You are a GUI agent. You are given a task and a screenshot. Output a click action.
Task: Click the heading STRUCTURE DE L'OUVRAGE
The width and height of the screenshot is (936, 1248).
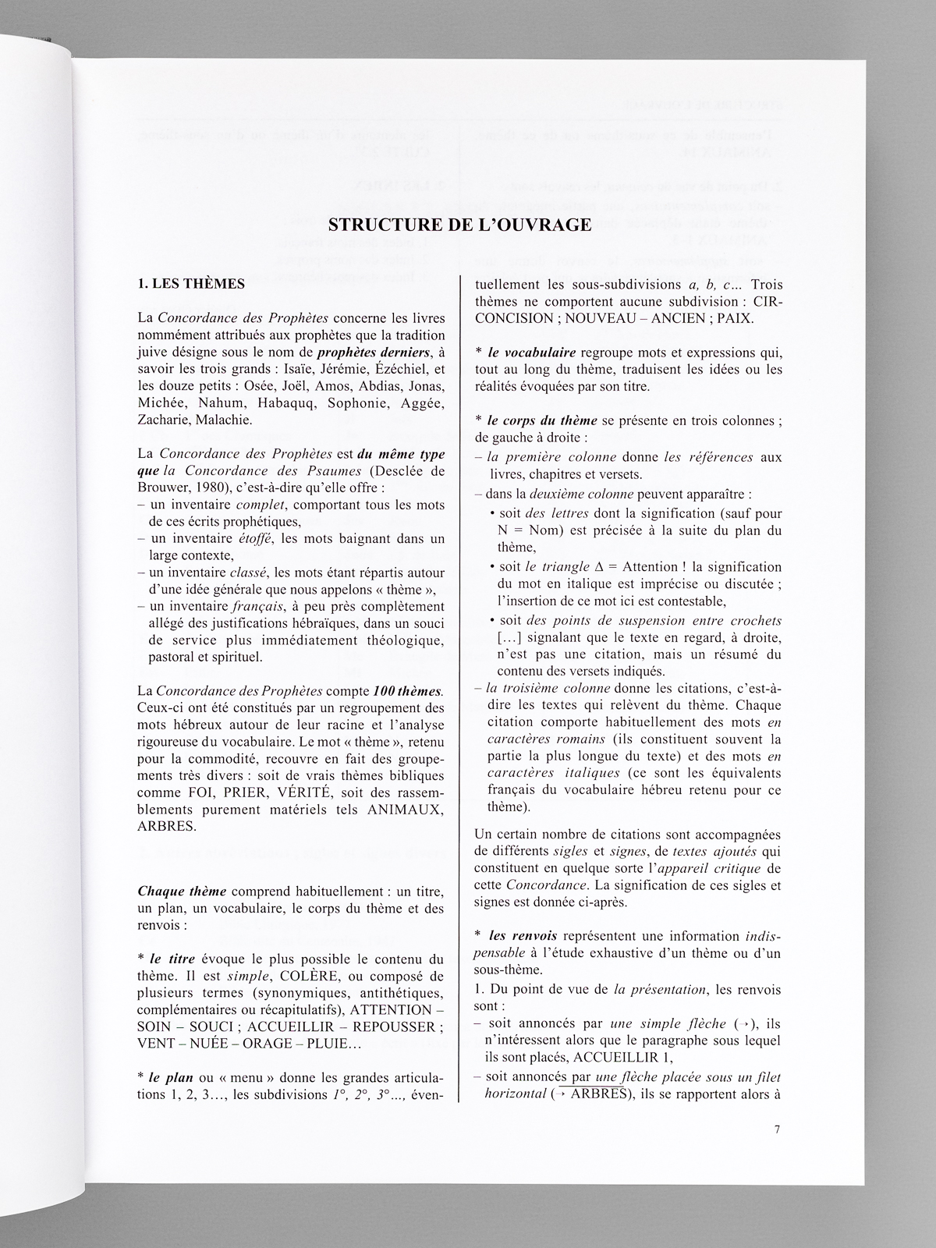[x=460, y=225]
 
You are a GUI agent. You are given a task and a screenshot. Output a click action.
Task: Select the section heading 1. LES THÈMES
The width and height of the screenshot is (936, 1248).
[x=191, y=284]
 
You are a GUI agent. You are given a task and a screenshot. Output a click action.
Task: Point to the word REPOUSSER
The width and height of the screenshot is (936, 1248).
[x=396, y=1026]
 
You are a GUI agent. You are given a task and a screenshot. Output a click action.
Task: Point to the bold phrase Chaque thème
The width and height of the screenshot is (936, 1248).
[x=182, y=892]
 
